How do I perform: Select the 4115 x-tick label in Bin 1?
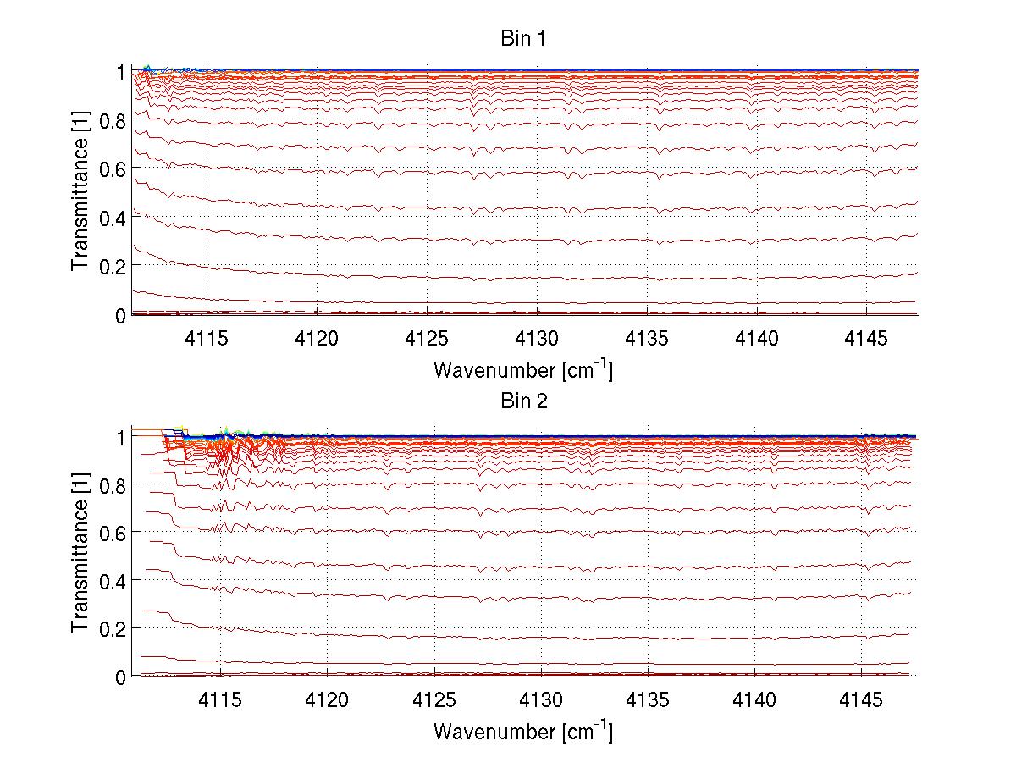click(x=207, y=339)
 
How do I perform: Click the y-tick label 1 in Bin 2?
click(x=120, y=437)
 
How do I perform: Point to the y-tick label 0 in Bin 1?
click(x=120, y=315)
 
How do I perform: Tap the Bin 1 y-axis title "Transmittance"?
click(x=80, y=193)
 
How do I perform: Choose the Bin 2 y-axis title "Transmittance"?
click(x=80, y=556)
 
